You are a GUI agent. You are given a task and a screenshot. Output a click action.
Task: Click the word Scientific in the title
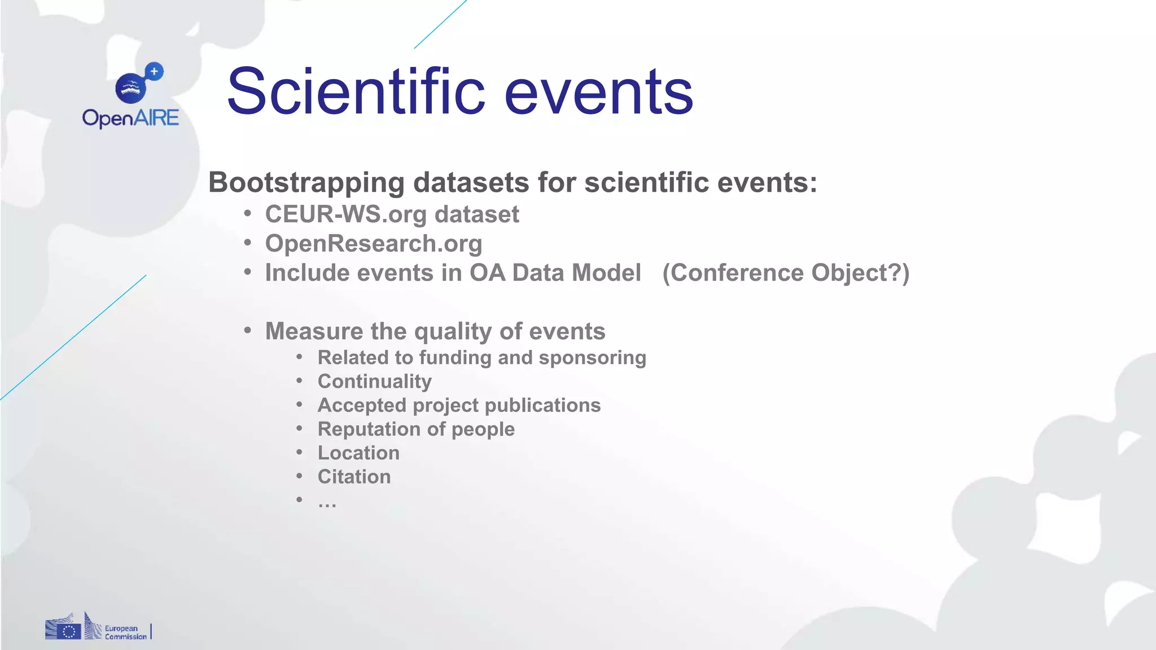coord(356,91)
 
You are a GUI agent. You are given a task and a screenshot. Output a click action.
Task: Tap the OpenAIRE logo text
coord(130,118)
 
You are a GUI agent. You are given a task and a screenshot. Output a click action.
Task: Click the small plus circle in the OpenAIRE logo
coord(154,72)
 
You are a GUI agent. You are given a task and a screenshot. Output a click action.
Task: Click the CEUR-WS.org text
coord(346,214)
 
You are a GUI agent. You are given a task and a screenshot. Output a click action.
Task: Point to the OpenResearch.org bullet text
coord(374,244)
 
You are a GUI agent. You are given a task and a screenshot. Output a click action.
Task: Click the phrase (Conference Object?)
coord(786,273)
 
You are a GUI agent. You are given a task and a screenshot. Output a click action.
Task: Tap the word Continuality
coord(374,381)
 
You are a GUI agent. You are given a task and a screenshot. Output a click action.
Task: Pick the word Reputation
coord(369,429)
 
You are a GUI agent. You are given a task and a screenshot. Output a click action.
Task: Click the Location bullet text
coord(358,453)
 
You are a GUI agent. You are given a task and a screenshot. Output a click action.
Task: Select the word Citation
coord(354,477)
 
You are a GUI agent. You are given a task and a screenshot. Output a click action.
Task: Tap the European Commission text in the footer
coord(125,633)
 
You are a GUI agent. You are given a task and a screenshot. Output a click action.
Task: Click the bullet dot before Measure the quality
coord(248,330)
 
